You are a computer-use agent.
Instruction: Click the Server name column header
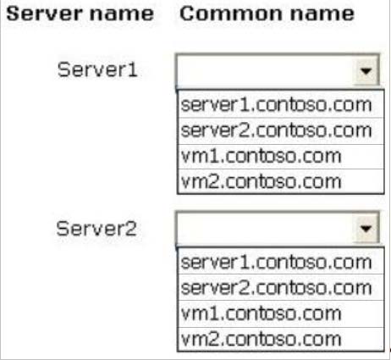[80, 14]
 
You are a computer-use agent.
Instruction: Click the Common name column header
[267, 14]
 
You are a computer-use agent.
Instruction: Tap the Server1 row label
[97, 69]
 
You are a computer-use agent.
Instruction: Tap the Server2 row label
[96, 228]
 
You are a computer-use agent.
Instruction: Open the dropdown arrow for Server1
[366, 70]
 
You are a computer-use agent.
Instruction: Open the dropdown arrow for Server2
[366, 228]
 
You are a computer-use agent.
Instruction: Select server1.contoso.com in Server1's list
[277, 105]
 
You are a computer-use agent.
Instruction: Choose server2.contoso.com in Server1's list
[277, 130]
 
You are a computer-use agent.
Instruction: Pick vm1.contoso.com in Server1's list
[262, 156]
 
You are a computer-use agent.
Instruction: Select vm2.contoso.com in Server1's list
[262, 181]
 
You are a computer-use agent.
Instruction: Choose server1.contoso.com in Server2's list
[277, 263]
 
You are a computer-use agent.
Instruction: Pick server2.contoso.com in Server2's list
[277, 288]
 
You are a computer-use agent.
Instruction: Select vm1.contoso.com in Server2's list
[262, 313]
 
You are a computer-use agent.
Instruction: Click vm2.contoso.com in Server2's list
[262, 339]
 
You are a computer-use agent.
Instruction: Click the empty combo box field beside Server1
[265, 70]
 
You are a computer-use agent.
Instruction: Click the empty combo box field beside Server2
[265, 228]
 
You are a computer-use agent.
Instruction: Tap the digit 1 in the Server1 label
[133, 69]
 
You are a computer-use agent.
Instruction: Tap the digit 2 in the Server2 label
[131, 228]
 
